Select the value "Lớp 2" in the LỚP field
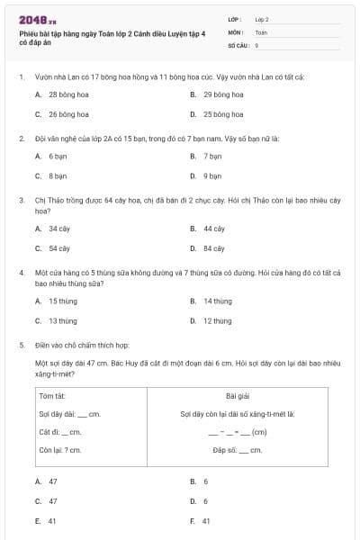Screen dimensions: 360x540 pos(262,19)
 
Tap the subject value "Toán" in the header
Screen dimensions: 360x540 pos(261,31)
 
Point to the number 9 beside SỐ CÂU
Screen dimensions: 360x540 pos(256,44)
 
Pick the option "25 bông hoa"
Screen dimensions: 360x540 pos(222,114)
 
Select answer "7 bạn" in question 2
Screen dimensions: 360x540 pos(212,156)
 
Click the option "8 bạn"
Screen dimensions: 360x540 pos(58,176)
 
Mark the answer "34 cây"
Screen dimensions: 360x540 pos(59,229)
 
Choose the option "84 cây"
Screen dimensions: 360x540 pos(214,248)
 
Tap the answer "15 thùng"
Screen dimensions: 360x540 pos(63,301)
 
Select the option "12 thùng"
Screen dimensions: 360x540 pos(217,321)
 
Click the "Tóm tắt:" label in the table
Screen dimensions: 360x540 pos(52,395)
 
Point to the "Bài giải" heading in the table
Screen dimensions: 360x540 pos(238,395)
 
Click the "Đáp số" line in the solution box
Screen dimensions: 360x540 pos(238,450)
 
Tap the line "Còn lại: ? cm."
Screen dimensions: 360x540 pos(60,450)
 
